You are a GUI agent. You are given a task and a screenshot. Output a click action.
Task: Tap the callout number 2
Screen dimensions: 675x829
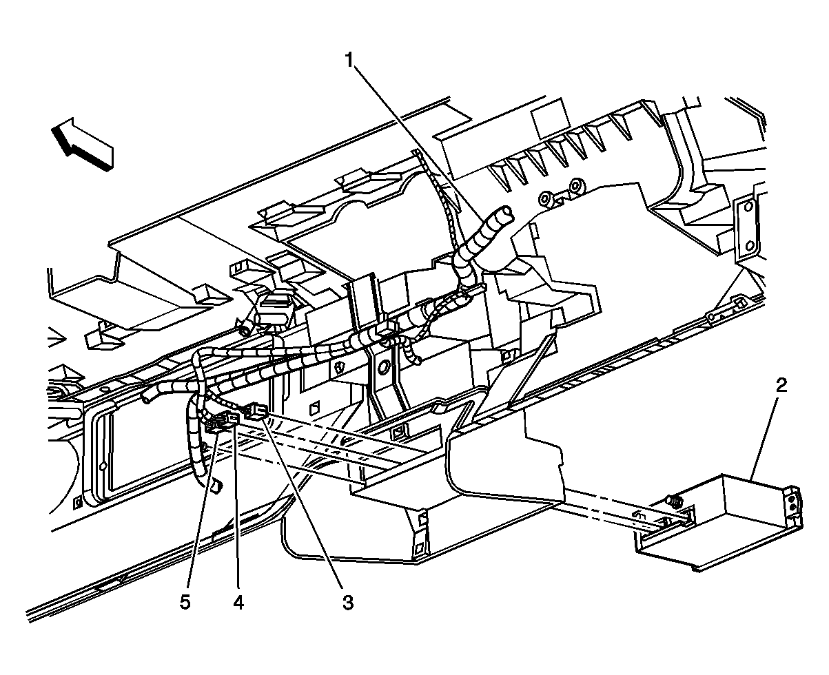coord(781,385)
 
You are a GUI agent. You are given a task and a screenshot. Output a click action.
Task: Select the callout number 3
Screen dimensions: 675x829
coord(347,603)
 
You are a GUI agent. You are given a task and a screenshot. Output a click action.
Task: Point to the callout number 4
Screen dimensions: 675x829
coord(238,603)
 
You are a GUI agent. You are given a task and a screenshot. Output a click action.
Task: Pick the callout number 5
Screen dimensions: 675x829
coord(184,603)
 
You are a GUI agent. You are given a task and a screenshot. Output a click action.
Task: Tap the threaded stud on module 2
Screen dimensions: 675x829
coord(674,499)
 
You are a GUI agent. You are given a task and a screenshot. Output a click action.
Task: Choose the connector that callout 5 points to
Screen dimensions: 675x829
coord(215,428)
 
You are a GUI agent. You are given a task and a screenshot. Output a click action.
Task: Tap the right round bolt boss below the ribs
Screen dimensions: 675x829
coord(575,187)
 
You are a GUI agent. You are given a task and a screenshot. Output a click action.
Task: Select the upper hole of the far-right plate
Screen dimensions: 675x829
coord(746,205)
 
